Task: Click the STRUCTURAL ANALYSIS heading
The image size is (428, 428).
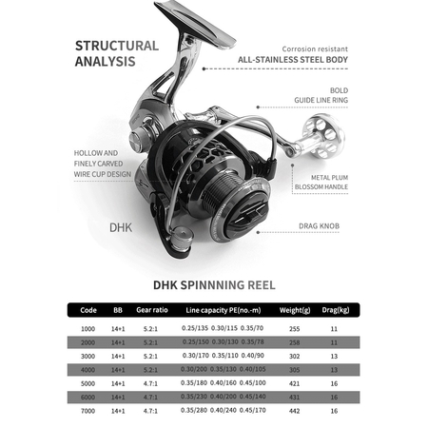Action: click(x=117, y=54)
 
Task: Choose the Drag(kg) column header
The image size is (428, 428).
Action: click(x=334, y=310)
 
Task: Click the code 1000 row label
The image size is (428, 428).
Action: click(x=88, y=328)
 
